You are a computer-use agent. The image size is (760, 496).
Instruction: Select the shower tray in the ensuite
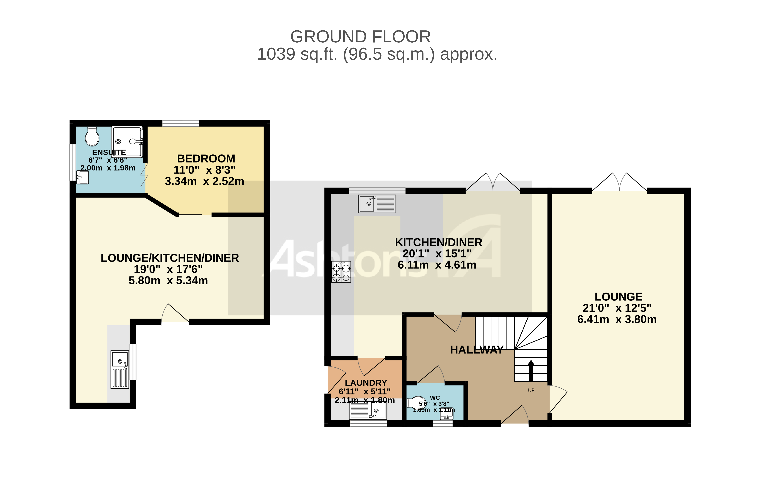point(127,141)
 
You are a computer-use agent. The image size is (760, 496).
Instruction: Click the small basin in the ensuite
point(83,177)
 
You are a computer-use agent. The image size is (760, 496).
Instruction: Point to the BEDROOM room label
point(206,159)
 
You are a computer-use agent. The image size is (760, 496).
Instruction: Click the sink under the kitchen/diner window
point(377,204)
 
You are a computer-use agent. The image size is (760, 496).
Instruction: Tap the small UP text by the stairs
point(531,390)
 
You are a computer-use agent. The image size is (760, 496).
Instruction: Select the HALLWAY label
point(476,350)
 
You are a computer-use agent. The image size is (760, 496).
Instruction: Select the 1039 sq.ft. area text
point(377,54)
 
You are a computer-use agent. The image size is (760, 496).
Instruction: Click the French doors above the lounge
point(620,183)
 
